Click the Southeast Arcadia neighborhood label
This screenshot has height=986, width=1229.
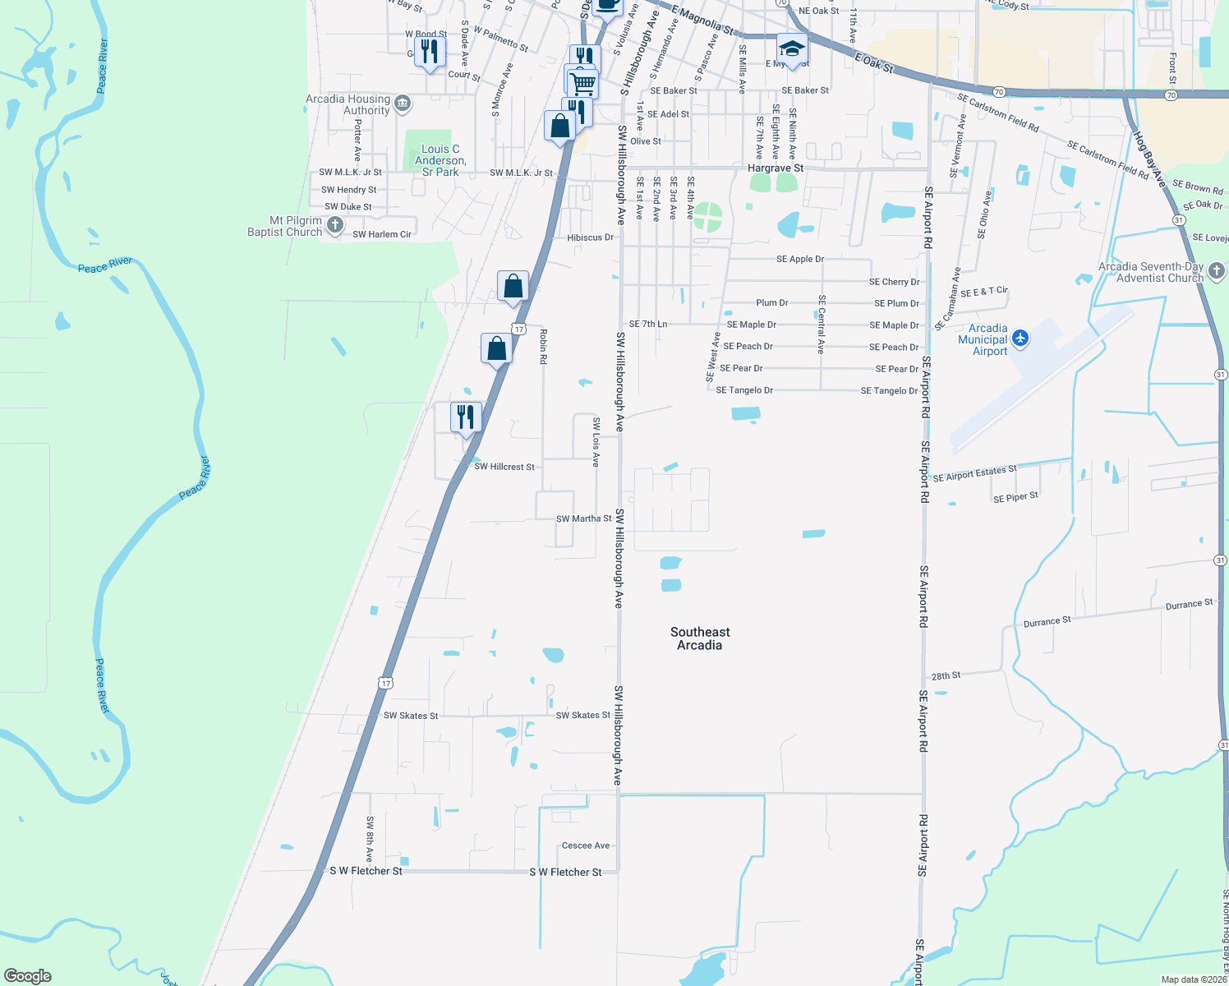tap(699, 638)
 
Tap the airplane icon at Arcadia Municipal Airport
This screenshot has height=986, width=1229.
tap(1020, 338)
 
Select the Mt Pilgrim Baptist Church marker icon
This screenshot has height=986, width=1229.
tap(334, 224)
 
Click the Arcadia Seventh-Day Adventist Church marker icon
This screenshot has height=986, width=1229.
tap(1217, 270)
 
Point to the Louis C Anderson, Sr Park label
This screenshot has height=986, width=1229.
tap(440, 160)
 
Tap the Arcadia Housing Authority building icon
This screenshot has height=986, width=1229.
tap(402, 103)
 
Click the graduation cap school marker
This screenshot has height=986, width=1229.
tap(791, 49)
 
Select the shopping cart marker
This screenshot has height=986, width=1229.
tap(582, 81)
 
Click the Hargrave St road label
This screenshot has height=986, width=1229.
tap(775, 168)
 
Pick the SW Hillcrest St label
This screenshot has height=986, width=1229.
tap(504, 467)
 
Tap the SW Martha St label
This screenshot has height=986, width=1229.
tap(583, 518)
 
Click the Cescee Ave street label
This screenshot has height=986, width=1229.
tap(586, 845)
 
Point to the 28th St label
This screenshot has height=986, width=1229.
tap(946, 676)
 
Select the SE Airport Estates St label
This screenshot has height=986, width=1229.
tap(974, 473)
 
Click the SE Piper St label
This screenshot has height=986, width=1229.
tap(1015, 497)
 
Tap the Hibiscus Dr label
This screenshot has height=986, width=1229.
tap(590, 237)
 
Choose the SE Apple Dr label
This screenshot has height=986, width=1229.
tap(799, 259)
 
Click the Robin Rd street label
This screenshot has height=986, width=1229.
tap(543, 346)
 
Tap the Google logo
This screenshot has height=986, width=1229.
tap(28, 975)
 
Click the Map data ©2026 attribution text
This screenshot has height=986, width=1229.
tap(1194, 979)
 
